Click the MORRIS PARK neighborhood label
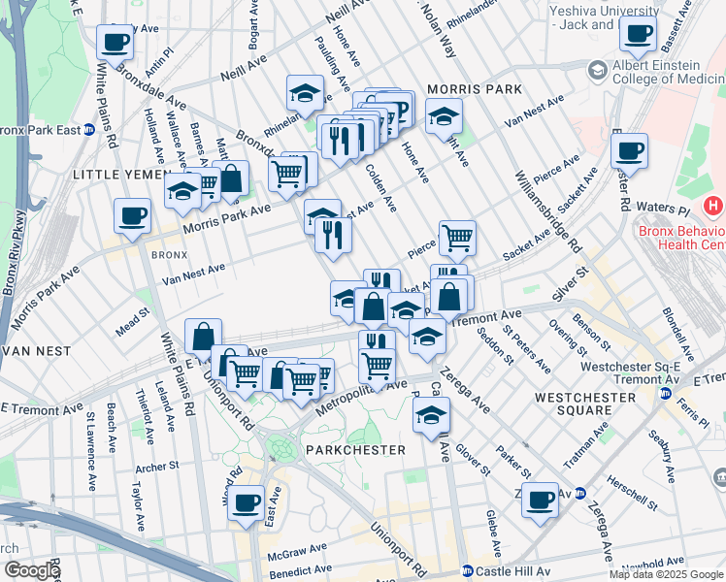click(x=474, y=89)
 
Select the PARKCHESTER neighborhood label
click(x=355, y=451)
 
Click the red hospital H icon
click(x=714, y=206)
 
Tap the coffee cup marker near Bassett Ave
click(x=638, y=34)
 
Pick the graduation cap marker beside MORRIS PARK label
click(x=444, y=117)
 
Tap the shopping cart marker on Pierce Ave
click(x=456, y=237)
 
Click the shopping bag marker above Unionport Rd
click(x=202, y=337)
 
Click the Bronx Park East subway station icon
click(x=89, y=129)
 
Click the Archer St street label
click(x=158, y=467)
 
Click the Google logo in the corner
click(x=31, y=570)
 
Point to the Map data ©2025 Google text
click(x=665, y=574)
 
